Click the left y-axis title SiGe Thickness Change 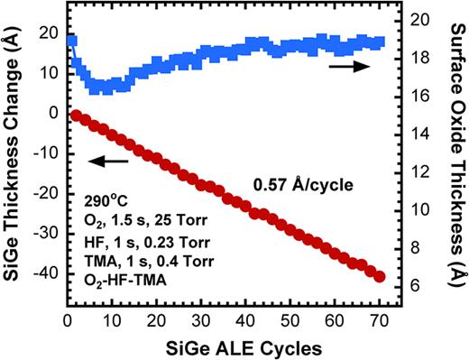pos(13,153)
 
